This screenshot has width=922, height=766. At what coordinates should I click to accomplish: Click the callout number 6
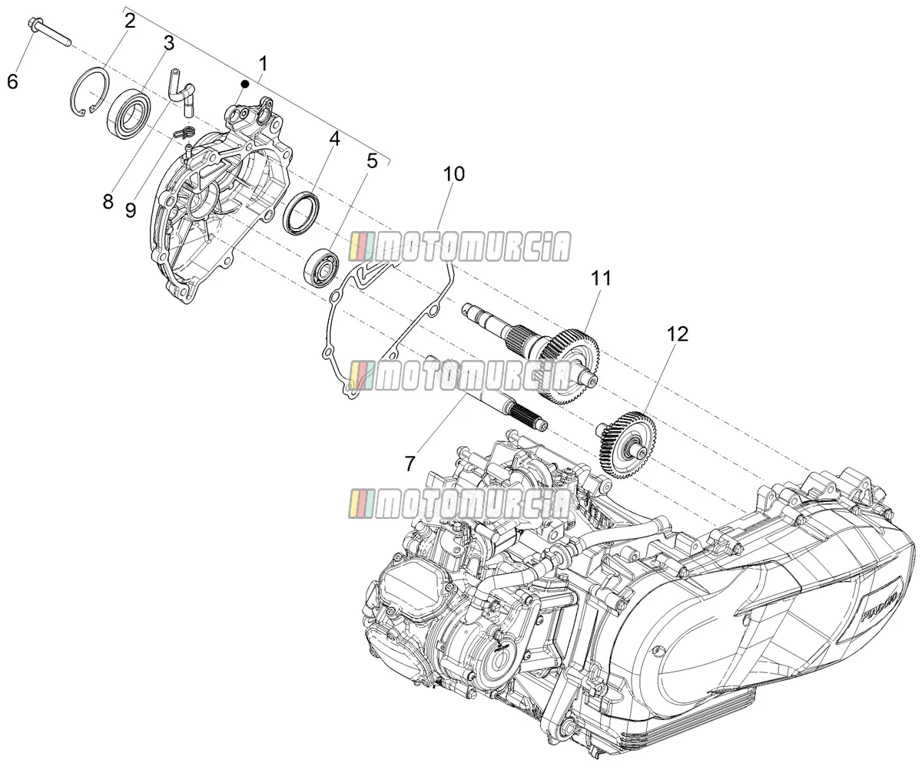[x=13, y=81]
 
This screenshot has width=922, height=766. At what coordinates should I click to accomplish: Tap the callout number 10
[x=454, y=174]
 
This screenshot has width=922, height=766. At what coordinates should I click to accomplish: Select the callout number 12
[x=678, y=334]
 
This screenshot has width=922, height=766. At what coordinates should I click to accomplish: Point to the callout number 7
[x=410, y=464]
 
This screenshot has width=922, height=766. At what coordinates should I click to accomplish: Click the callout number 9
[x=131, y=210]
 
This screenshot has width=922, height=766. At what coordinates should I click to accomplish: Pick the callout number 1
[x=264, y=64]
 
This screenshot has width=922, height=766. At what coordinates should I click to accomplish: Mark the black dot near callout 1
[x=246, y=84]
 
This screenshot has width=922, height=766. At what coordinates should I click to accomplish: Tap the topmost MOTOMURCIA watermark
[x=459, y=246]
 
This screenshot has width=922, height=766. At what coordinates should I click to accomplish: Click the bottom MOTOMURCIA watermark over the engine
[x=459, y=504]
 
